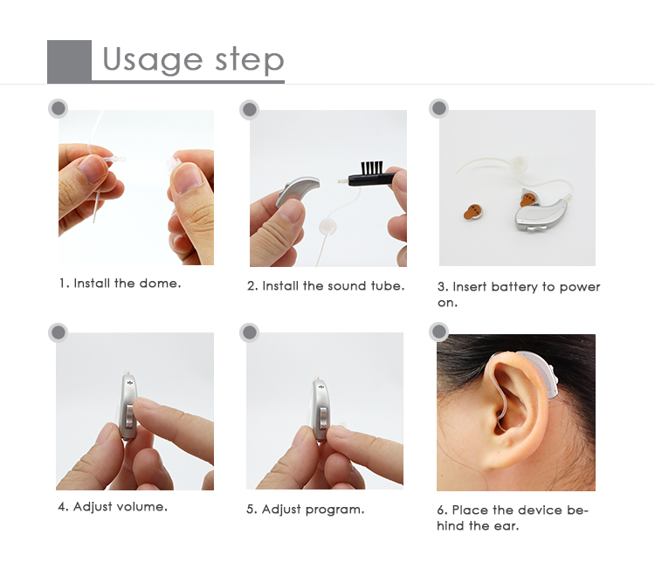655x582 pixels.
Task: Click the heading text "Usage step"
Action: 193,60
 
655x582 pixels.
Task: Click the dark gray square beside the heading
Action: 69,61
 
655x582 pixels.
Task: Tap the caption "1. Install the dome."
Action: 120,284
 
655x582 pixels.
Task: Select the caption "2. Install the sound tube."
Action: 326,286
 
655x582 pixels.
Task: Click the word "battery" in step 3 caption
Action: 519,287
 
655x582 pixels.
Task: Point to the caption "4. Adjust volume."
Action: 113,506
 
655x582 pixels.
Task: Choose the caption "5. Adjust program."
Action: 305,509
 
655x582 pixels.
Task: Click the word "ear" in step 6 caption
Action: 519,525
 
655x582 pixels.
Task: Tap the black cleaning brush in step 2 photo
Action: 371,176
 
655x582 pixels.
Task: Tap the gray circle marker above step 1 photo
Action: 59,108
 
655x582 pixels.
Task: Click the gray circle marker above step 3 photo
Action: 439,108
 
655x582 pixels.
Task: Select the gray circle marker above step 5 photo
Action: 250,332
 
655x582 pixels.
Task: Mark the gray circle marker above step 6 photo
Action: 439,332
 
